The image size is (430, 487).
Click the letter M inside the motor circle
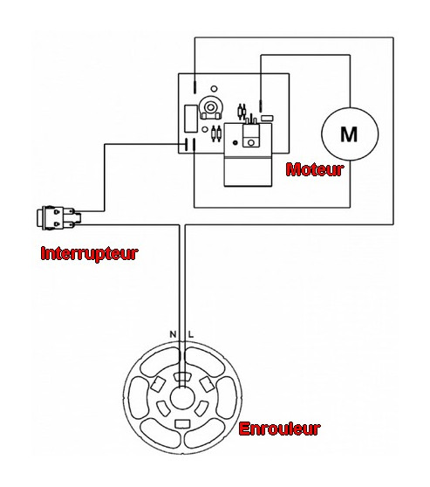[349, 134]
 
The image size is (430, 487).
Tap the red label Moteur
[315, 169]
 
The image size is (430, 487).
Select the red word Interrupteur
[89, 253]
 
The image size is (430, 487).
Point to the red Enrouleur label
[279, 429]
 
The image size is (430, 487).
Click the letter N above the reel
[173, 334]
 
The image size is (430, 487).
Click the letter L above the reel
[191, 334]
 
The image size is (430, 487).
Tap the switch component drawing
[58, 217]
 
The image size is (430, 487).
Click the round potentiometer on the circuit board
[210, 108]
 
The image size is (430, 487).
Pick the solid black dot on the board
[235, 142]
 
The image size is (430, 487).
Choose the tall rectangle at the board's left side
[191, 119]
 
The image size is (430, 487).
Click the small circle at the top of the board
[214, 89]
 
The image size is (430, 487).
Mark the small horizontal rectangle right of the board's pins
[267, 118]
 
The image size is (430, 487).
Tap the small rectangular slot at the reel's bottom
[182, 423]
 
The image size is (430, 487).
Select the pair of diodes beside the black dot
[216, 134]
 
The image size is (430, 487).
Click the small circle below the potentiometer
[205, 129]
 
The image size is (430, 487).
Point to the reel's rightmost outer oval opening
[227, 398]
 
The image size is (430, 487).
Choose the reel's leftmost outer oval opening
[139, 398]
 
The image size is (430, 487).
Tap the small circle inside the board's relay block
[251, 143]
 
